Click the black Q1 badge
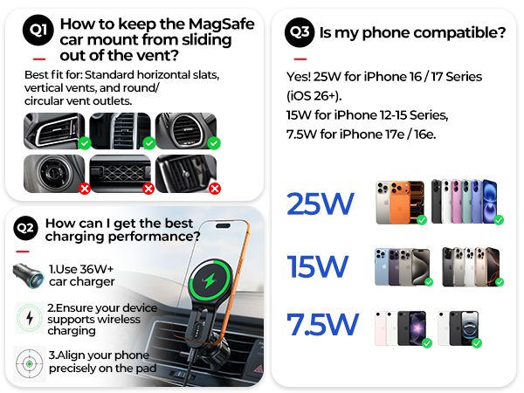point(38,30)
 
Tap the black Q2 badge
point(25,228)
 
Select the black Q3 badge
point(300,32)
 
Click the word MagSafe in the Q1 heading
point(221,24)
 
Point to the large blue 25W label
point(321,203)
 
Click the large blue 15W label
point(318,266)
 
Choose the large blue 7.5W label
point(323,324)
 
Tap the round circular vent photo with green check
point(186,131)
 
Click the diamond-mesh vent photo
point(121,174)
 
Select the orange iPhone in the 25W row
point(399,203)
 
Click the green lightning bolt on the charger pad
point(210,280)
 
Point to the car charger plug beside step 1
point(29,275)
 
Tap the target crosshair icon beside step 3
point(30,363)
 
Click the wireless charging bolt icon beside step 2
point(30,318)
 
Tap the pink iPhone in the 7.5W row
point(380,328)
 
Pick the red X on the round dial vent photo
point(85,189)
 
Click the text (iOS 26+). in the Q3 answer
point(314,96)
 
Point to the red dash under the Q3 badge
point(300,59)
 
